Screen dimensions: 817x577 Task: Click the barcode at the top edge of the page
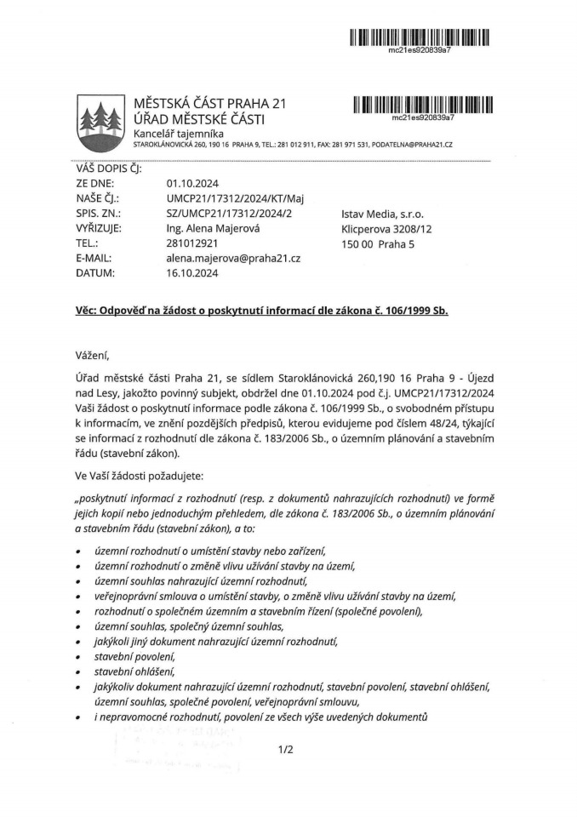pyautogui.click(x=419, y=37)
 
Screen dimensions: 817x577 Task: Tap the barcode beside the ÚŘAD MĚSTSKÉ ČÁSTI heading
pyautogui.click(x=423, y=105)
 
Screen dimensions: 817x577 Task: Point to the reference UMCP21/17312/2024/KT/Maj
pyautogui.click(x=236, y=198)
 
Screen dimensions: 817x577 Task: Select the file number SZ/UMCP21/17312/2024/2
pyautogui.click(x=229, y=214)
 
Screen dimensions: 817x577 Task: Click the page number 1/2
pyautogui.click(x=285, y=750)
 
